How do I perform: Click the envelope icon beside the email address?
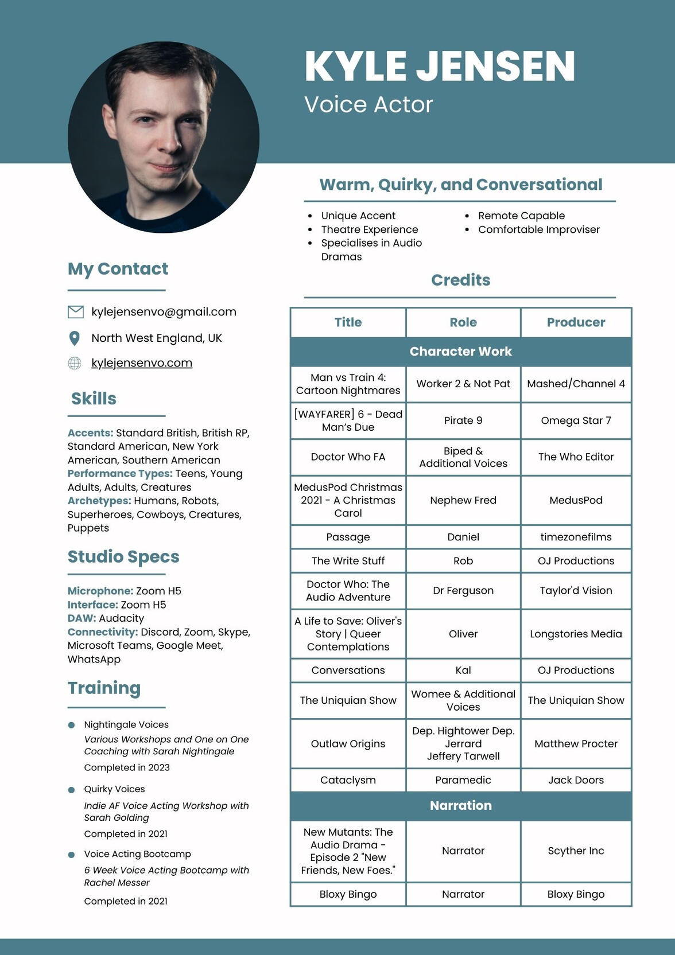[x=76, y=311]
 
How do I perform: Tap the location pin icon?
[x=75, y=338]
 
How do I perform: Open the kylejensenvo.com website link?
[x=142, y=363]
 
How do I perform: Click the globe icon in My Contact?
[x=75, y=363]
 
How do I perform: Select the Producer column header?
[x=576, y=322]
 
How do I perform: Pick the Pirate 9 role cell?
[x=463, y=420]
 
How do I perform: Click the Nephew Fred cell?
[x=463, y=500]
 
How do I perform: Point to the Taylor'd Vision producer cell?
[x=576, y=590]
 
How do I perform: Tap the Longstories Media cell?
[x=576, y=634]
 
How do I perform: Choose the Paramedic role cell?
[x=463, y=780]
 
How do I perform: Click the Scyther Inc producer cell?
[x=576, y=851]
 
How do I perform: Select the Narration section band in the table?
[x=461, y=805]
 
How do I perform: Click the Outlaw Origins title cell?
[x=348, y=743]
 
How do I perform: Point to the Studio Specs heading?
[x=123, y=556]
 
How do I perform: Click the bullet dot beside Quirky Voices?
[x=72, y=790]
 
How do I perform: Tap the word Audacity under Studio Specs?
[x=121, y=618]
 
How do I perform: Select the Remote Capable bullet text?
[x=521, y=216]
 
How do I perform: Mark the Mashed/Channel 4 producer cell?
[x=576, y=384]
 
